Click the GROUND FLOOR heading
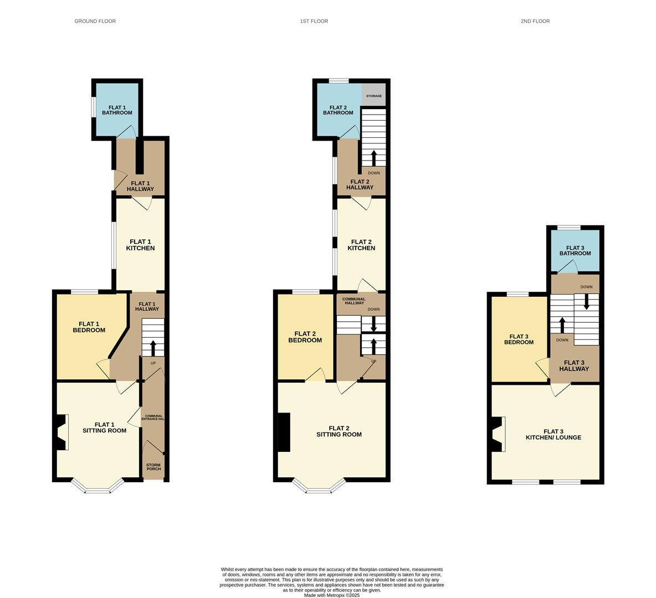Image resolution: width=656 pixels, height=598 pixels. click(95, 21)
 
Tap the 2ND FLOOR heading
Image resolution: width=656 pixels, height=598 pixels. click(535, 21)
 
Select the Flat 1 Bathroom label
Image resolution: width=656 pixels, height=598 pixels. click(117, 110)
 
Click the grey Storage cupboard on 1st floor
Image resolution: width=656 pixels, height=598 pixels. click(373, 96)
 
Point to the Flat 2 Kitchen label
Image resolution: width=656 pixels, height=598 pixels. click(361, 245)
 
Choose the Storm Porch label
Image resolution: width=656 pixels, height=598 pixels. click(153, 467)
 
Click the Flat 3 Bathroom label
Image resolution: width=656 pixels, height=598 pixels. click(575, 250)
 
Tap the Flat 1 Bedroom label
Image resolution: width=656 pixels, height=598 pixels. click(89, 327)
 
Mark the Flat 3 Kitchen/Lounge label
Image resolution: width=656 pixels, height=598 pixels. click(553, 435)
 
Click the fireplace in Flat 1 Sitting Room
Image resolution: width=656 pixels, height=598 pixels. click(62, 432)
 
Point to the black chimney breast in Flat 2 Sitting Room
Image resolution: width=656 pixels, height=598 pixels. click(284, 432)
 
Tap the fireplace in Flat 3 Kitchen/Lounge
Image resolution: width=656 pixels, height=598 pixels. click(498, 434)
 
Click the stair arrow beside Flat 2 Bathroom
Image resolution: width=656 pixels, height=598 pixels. click(373, 158)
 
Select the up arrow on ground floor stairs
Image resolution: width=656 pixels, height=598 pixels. click(153, 348)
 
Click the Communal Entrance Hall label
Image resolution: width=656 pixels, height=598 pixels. click(153, 417)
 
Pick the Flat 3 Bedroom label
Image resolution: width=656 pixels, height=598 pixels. click(519, 339)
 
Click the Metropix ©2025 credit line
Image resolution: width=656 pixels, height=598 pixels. click(332, 595)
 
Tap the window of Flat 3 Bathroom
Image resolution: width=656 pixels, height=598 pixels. click(568, 228)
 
